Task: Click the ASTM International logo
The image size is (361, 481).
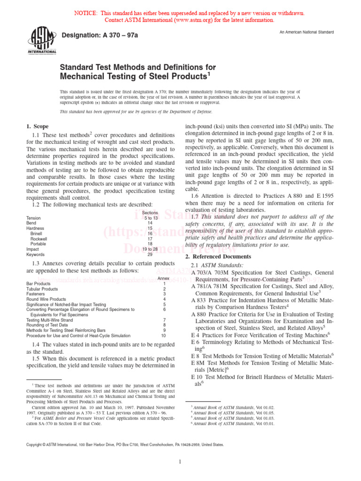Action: point(43,40)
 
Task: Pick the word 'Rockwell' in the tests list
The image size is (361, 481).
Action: point(39,239)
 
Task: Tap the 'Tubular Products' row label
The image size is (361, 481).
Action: point(42,289)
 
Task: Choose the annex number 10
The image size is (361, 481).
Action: point(164,323)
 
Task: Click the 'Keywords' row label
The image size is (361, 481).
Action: point(36,255)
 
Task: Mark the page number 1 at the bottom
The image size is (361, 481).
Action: point(180,462)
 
